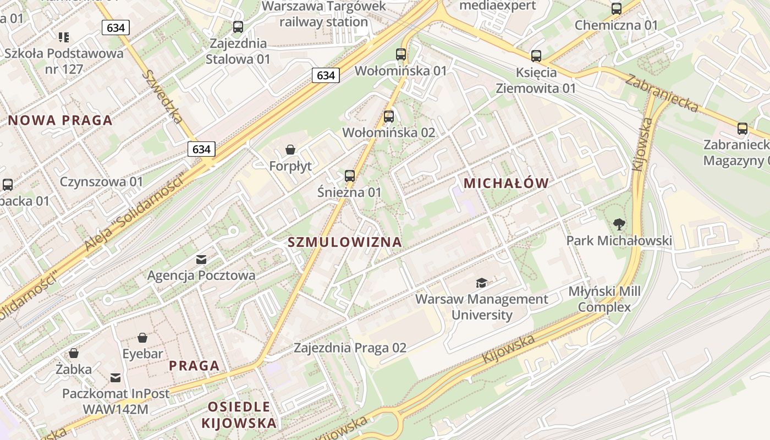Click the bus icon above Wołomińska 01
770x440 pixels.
pos(401,54)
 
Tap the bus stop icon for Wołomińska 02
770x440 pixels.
pos(389,117)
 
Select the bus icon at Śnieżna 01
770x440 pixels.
pos(350,176)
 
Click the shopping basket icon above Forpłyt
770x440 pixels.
pos(290,150)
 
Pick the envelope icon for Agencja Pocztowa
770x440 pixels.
pos(201,259)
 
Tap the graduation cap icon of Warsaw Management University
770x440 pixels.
pos(482,283)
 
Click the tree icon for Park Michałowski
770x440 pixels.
pos(619,224)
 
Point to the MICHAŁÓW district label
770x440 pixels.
pos(506,183)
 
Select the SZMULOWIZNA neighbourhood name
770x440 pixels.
pos(345,242)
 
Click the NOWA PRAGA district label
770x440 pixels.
pos(61,120)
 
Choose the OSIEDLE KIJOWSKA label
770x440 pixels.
pos(239,415)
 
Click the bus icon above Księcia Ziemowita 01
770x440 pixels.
pos(536,56)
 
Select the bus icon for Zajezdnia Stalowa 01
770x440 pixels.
pos(238,27)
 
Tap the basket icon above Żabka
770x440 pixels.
pos(74,353)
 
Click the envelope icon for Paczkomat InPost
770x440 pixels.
pos(116,377)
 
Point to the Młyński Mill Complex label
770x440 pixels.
pos(604,299)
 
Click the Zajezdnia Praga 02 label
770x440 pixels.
pos(350,348)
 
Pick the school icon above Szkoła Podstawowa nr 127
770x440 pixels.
pos(64,37)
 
